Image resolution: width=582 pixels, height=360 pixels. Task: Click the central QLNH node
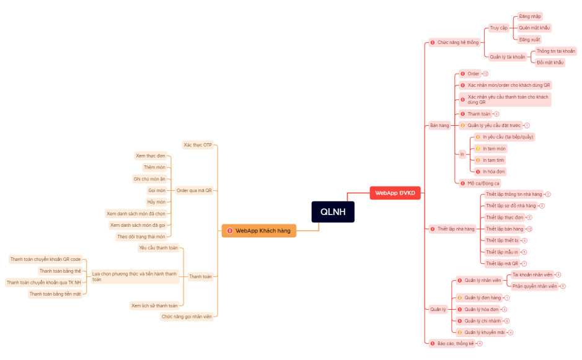click(333, 212)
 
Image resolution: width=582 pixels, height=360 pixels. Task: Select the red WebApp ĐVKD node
click(395, 193)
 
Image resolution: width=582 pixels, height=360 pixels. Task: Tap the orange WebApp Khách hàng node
click(259, 230)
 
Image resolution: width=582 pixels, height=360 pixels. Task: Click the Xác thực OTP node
click(197, 145)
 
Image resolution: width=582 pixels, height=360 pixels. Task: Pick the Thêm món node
click(154, 167)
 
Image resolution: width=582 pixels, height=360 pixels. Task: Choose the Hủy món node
click(156, 202)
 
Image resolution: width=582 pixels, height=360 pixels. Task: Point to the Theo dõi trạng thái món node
click(141, 237)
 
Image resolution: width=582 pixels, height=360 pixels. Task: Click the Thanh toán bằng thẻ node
click(60, 271)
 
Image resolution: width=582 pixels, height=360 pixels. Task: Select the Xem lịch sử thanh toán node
click(154, 305)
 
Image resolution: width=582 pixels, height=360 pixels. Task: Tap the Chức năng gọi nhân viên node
click(187, 317)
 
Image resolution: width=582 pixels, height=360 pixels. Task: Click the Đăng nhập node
click(531, 17)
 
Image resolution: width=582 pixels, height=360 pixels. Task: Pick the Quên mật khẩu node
click(534, 28)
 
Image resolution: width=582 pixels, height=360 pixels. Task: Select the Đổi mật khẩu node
click(550, 63)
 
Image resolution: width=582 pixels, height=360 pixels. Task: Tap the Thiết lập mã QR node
click(501, 263)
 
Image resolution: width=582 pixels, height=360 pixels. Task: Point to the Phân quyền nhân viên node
click(534, 286)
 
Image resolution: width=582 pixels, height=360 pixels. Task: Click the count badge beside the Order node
click(485, 74)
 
